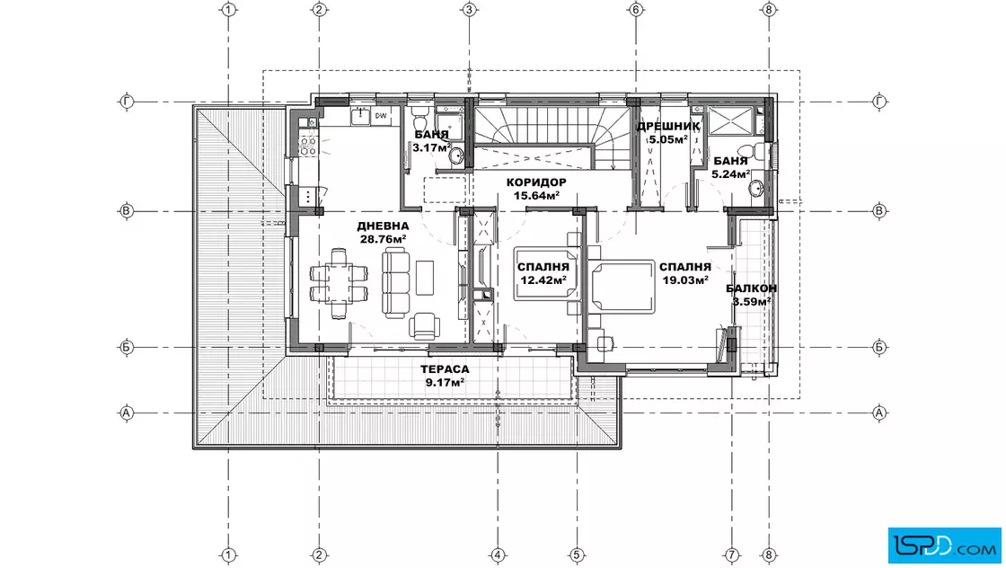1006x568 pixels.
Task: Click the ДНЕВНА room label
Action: (383, 226)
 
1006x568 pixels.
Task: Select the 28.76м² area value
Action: (383, 239)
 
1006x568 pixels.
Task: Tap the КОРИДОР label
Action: (536, 182)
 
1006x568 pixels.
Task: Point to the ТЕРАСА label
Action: (445, 369)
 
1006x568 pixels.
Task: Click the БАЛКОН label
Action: (751, 288)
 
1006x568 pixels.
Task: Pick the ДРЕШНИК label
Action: (668, 127)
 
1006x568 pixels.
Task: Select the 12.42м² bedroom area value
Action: (543, 280)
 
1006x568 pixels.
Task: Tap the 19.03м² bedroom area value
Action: (685, 280)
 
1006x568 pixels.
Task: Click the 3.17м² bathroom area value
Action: (431, 147)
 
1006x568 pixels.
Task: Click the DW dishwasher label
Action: (381, 116)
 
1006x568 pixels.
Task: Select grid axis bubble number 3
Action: (469, 10)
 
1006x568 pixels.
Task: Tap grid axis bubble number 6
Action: (636, 10)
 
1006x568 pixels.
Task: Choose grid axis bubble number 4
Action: (498, 555)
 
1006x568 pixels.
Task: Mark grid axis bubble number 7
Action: (732, 555)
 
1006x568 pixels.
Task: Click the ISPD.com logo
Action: (944, 546)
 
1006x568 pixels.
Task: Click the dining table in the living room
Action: (339, 284)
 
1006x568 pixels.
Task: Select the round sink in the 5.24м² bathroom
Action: (756, 189)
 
